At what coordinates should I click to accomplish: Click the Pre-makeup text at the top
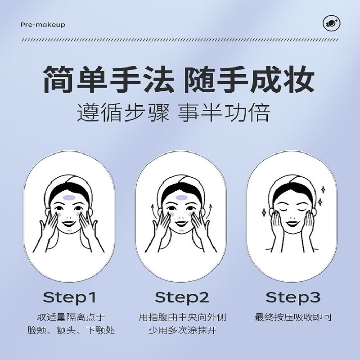pyautogui.click(x=43, y=24)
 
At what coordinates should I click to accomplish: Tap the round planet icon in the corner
pyautogui.click(x=331, y=24)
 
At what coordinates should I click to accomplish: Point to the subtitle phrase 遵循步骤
pyautogui.click(x=122, y=113)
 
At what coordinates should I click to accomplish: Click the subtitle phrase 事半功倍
pyautogui.click(x=223, y=113)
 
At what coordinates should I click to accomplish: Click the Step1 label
pyautogui.click(x=70, y=297)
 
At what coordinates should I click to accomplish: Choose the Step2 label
pyautogui.click(x=182, y=297)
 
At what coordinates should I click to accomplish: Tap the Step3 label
pyautogui.click(x=293, y=297)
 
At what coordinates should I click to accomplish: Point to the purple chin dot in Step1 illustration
pyautogui.click(x=69, y=229)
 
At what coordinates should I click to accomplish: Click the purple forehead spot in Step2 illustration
pyautogui.click(x=181, y=197)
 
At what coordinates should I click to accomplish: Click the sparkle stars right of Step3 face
pyautogui.click(x=321, y=196)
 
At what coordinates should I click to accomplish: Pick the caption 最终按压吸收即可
pyautogui.click(x=293, y=317)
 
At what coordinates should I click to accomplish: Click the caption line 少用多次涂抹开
pyautogui.click(x=182, y=331)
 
